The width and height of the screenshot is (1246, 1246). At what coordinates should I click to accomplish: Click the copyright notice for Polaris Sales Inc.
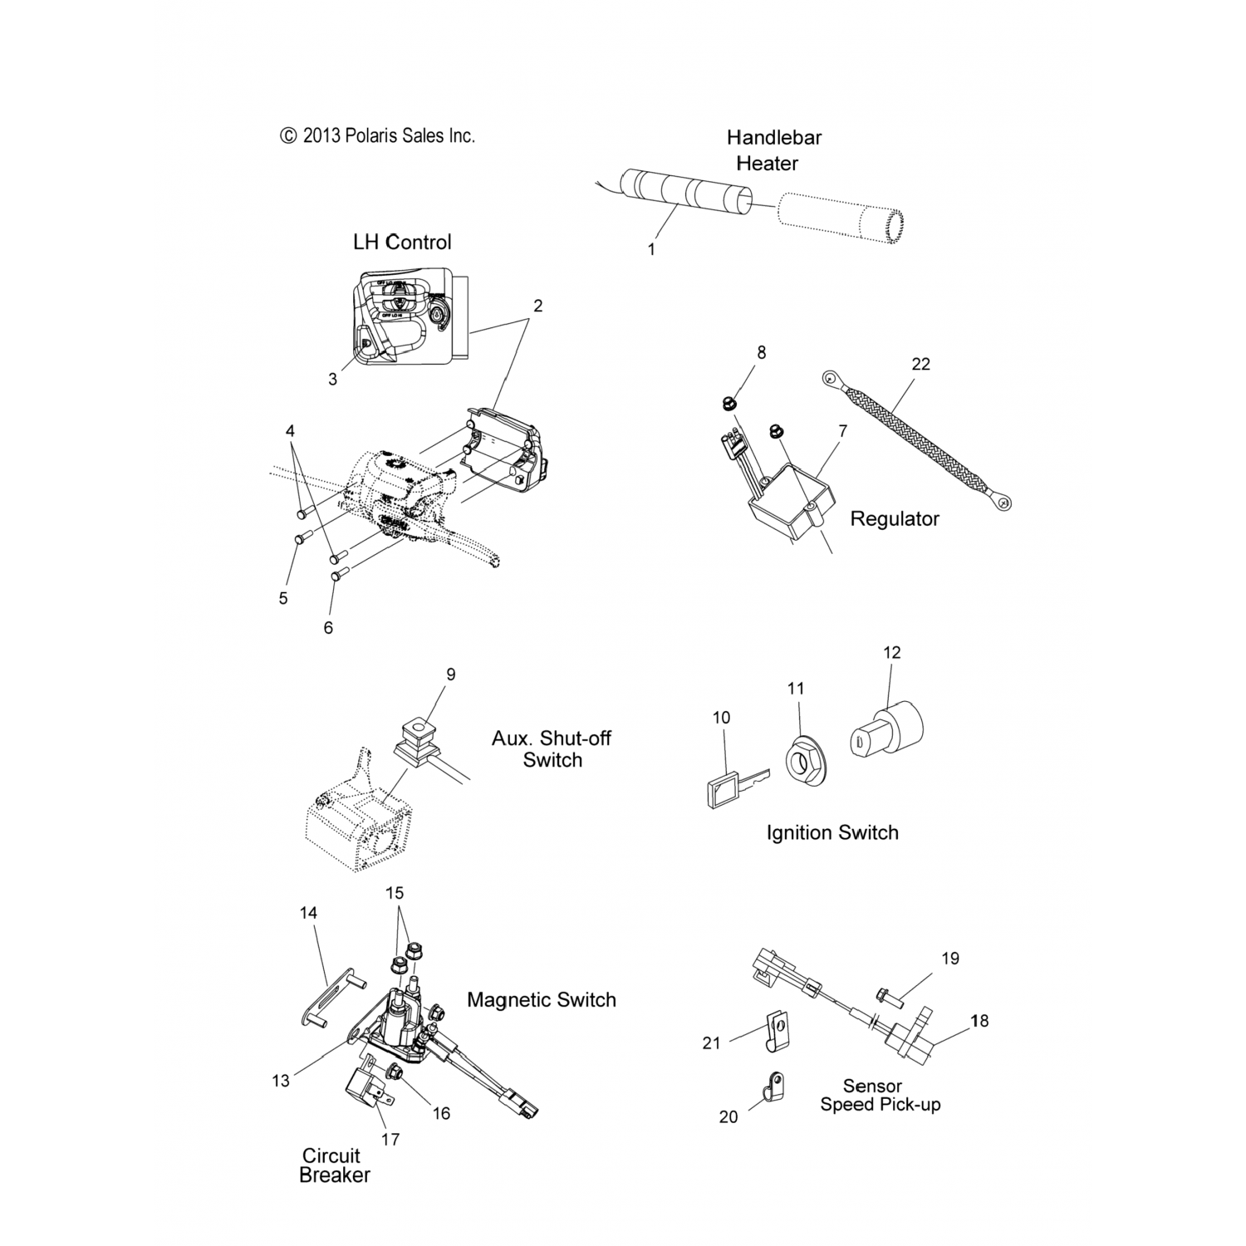click(378, 135)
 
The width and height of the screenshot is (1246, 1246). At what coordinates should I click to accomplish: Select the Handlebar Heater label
click(773, 150)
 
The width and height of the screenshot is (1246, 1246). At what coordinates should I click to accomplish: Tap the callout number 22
click(920, 364)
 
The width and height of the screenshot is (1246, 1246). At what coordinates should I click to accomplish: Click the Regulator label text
click(895, 519)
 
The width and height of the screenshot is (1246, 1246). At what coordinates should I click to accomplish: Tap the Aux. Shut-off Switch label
click(552, 748)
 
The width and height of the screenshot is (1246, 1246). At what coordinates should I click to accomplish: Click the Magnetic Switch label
click(542, 999)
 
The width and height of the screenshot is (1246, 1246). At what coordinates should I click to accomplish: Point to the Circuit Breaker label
click(334, 1165)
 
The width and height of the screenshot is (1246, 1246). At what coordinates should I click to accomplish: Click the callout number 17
click(390, 1140)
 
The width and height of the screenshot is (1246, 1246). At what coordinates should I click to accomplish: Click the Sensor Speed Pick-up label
click(879, 1095)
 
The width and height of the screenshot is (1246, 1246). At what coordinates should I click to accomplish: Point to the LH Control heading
click(402, 242)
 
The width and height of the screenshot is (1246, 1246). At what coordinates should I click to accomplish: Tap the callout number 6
click(328, 628)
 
